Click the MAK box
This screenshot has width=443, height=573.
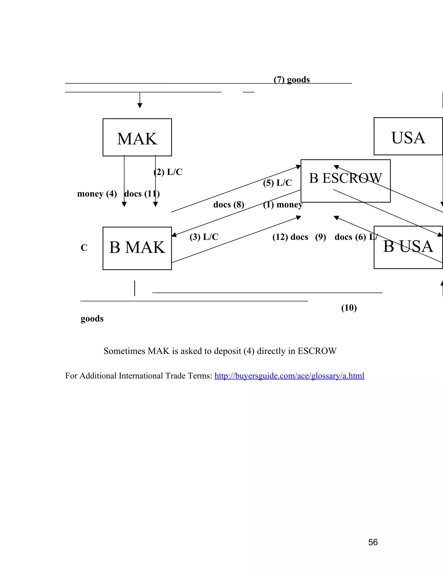point(137,138)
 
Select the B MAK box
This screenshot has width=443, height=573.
point(137,248)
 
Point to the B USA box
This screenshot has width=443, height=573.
point(408,247)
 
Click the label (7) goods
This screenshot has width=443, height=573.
point(292,80)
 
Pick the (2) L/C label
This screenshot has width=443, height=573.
point(168,172)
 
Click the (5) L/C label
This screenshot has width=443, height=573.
point(277,183)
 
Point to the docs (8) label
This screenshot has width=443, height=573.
point(229,204)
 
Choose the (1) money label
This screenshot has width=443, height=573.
point(283,204)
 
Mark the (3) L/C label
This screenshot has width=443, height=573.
point(204,237)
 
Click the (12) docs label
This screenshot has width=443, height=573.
point(290,237)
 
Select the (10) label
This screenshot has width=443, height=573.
point(349,308)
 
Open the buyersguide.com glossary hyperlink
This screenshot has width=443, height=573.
point(289,376)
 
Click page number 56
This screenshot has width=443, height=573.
point(373,542)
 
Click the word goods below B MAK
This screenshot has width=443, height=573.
point(92,319)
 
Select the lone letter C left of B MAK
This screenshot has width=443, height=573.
point(84,248)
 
